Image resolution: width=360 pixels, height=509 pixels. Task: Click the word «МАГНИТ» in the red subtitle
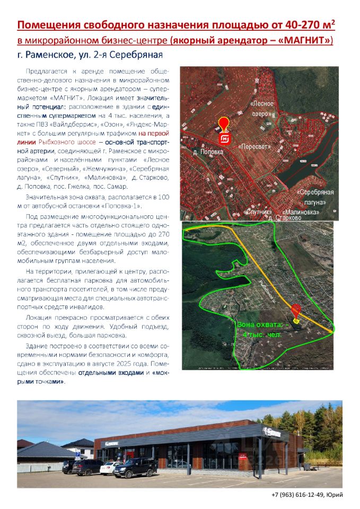(309, 40)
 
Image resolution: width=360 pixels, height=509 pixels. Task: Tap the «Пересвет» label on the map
(254, 146)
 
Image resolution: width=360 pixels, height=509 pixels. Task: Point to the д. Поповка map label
(208, 152)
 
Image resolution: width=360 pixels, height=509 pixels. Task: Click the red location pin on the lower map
(296, 311)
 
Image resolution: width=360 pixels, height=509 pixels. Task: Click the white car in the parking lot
(111, 467)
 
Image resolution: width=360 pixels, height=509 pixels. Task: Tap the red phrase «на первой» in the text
(154, 134)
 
